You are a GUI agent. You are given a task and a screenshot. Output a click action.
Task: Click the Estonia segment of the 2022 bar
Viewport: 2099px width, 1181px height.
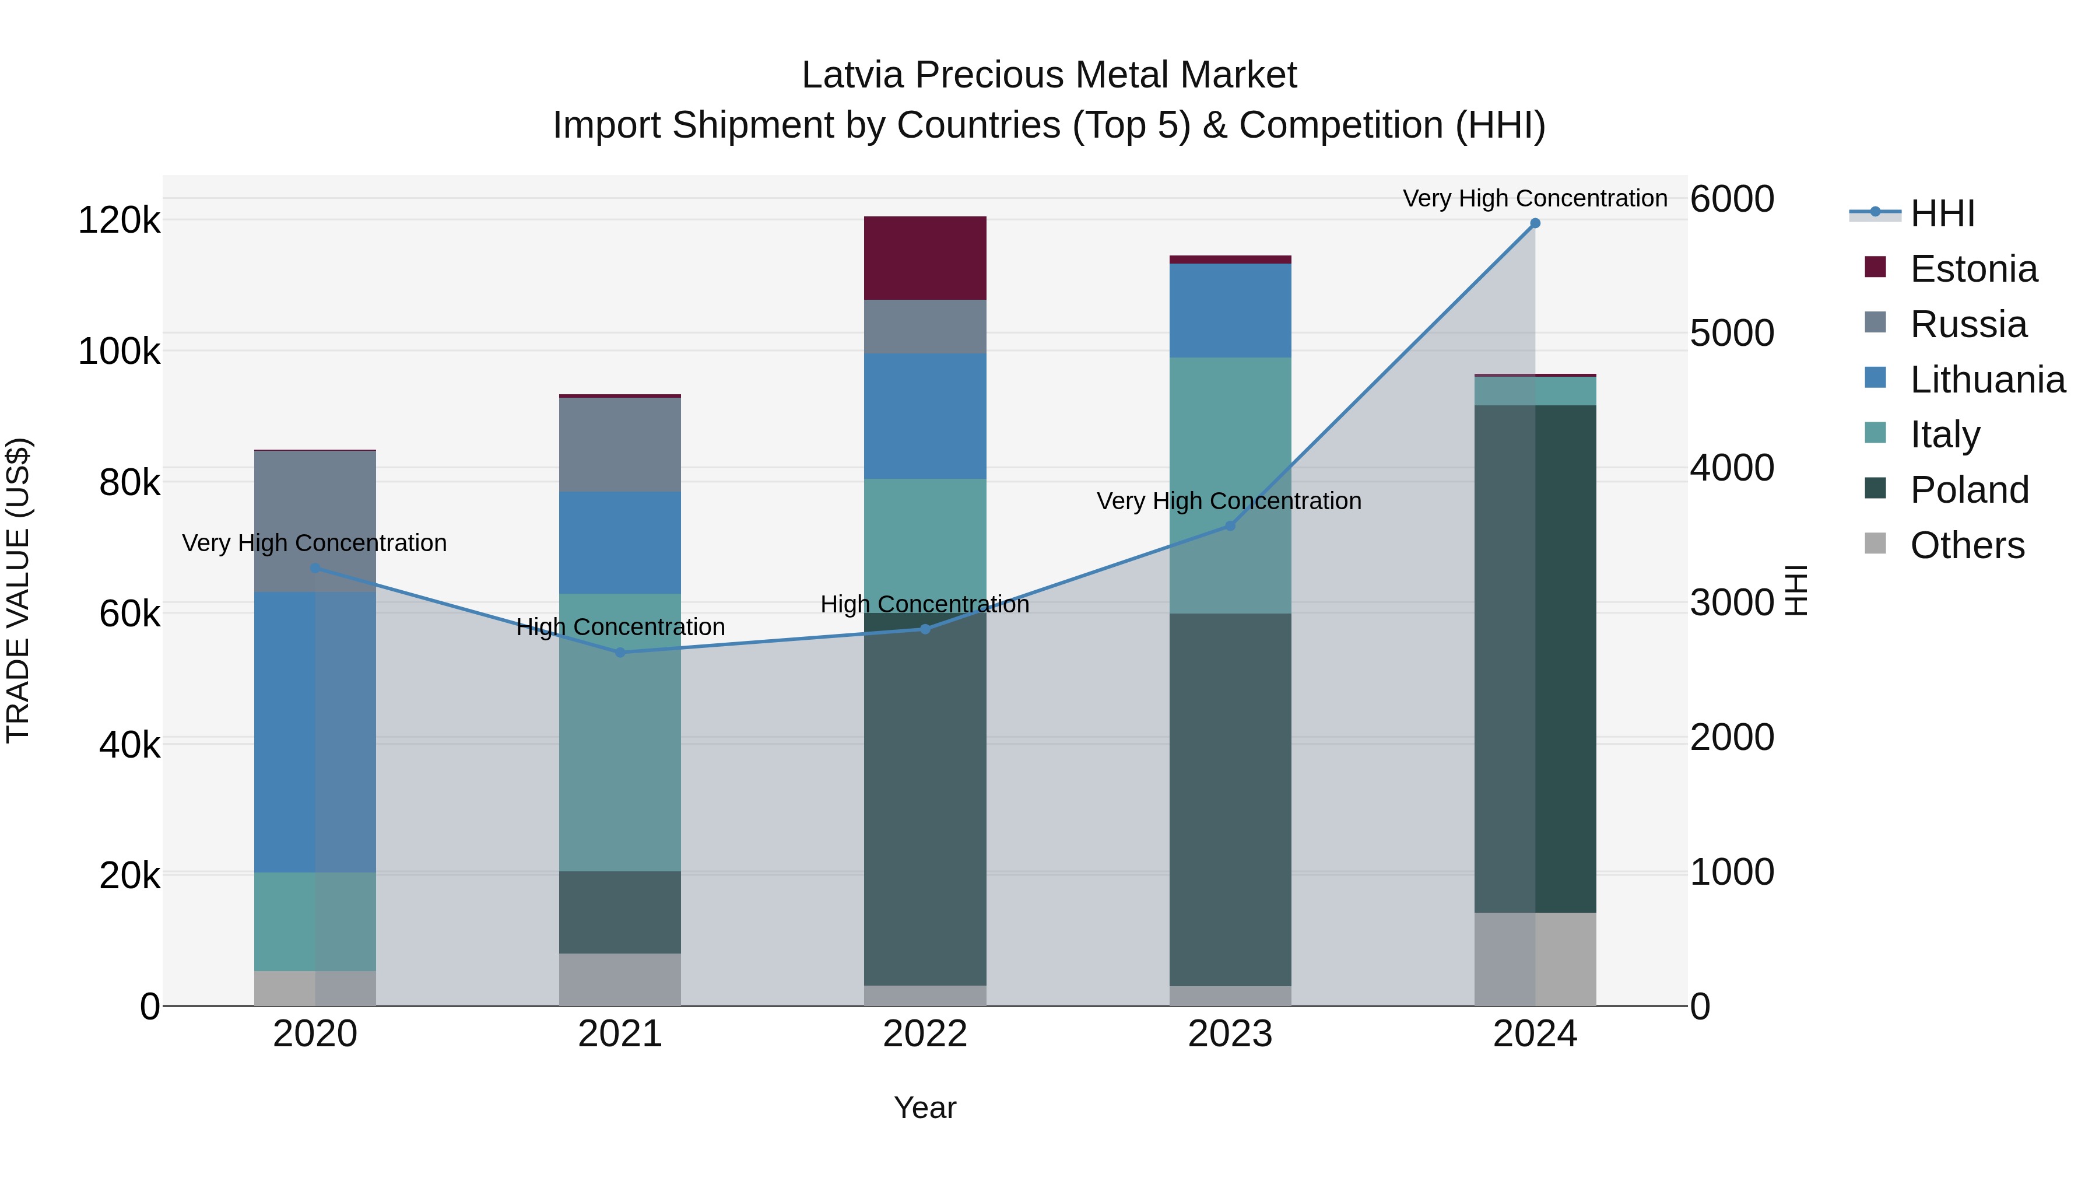925,258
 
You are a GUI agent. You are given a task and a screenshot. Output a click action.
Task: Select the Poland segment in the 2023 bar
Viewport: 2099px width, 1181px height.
1230,799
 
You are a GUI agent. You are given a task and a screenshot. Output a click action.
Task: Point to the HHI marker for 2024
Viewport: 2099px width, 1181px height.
1535,223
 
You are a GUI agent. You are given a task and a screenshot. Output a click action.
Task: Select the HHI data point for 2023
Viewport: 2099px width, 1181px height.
1230,525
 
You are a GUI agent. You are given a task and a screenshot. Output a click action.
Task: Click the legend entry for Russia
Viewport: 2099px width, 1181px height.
1967,324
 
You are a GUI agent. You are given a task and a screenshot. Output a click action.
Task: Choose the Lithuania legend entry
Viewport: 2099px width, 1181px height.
1986,380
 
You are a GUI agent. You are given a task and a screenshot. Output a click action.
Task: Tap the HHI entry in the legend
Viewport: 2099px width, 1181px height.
1942,213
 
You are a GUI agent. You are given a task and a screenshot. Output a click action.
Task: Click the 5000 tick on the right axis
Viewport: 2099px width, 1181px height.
1732,334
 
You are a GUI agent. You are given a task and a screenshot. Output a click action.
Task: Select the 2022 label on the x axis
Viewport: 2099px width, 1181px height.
925,1034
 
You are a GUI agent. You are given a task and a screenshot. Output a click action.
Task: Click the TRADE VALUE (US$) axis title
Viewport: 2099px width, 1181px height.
18,590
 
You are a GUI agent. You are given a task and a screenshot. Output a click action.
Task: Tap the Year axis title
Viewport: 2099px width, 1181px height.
925,1108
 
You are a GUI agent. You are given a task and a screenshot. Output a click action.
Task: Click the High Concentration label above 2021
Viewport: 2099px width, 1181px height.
620,627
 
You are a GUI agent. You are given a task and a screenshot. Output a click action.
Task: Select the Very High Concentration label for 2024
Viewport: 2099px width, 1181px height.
1535,198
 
